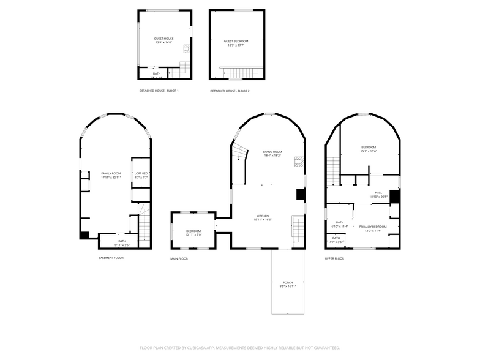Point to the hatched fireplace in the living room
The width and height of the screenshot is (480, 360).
299,162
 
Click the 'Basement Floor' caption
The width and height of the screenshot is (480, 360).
111,258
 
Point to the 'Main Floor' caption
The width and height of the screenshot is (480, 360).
179,258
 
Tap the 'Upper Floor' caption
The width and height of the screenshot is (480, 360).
334,258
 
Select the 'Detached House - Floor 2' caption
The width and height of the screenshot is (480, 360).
230,91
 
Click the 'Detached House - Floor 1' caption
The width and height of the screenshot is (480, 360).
159,91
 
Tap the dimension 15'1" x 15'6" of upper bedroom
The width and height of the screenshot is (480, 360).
369,151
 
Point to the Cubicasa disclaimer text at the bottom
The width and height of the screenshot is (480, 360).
240,347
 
